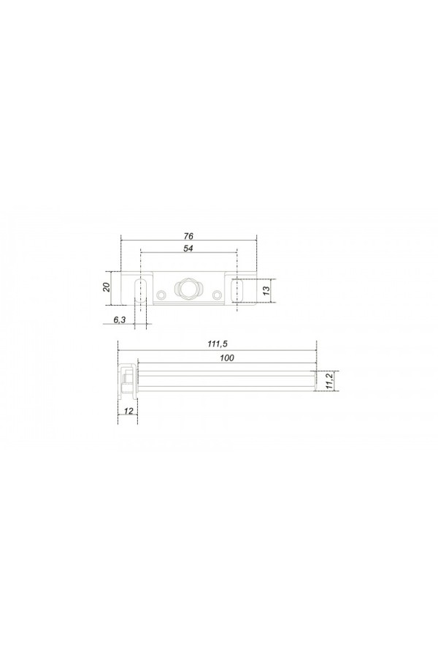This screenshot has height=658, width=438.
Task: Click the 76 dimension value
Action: [x=188, y=236]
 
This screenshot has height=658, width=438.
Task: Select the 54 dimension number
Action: [x=188, y=249]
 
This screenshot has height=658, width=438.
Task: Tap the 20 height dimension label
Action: [x=107, y=287]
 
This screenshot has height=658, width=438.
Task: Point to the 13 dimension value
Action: [x=266, y=291]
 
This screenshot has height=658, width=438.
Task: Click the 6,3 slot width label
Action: [x=120, y=319]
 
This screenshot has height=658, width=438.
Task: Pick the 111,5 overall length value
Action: [x=217, y=344]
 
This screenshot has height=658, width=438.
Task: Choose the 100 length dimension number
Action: [x=227, y=358]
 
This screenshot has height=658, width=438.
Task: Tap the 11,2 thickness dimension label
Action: [x=329, y=381]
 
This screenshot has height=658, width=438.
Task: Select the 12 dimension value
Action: [x=128, y=410]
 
